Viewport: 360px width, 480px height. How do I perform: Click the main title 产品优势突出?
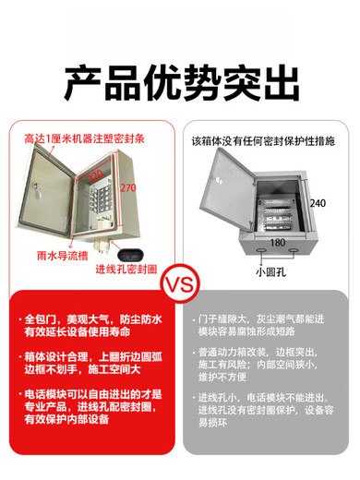pos(180,83)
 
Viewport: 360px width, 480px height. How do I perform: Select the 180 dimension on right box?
pos(278,244)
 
